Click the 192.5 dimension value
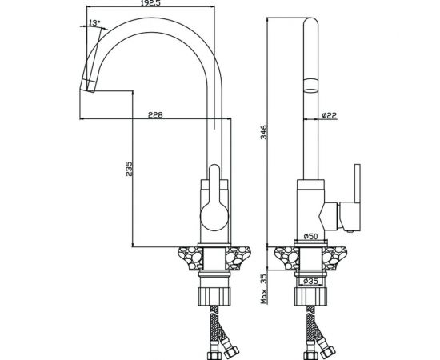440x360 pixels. (x=150, y=3)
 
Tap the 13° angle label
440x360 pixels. (x=94, y=22)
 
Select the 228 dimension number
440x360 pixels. (x=155, y=114)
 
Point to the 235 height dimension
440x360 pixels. (x=129, y=169)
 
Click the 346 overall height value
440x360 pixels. (x=264, y=133)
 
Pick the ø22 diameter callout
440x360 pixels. (x=329, y=115)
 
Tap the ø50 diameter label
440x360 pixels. (x=310, y=236)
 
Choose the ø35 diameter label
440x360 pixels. (x=310, y=281)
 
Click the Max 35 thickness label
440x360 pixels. (x=264, y=289)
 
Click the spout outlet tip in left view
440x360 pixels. (x=87, y=86)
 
